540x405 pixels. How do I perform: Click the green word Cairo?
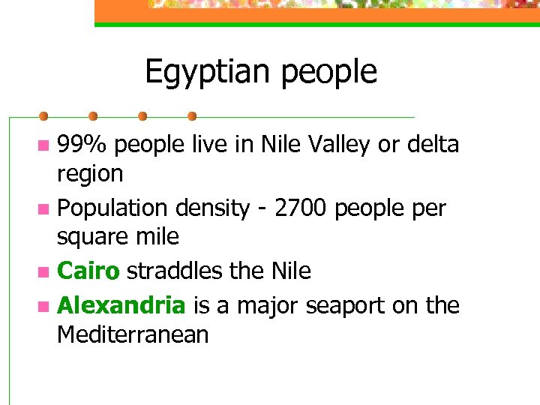(x=88, y=271)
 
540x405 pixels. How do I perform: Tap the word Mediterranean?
(x=133, y=335)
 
